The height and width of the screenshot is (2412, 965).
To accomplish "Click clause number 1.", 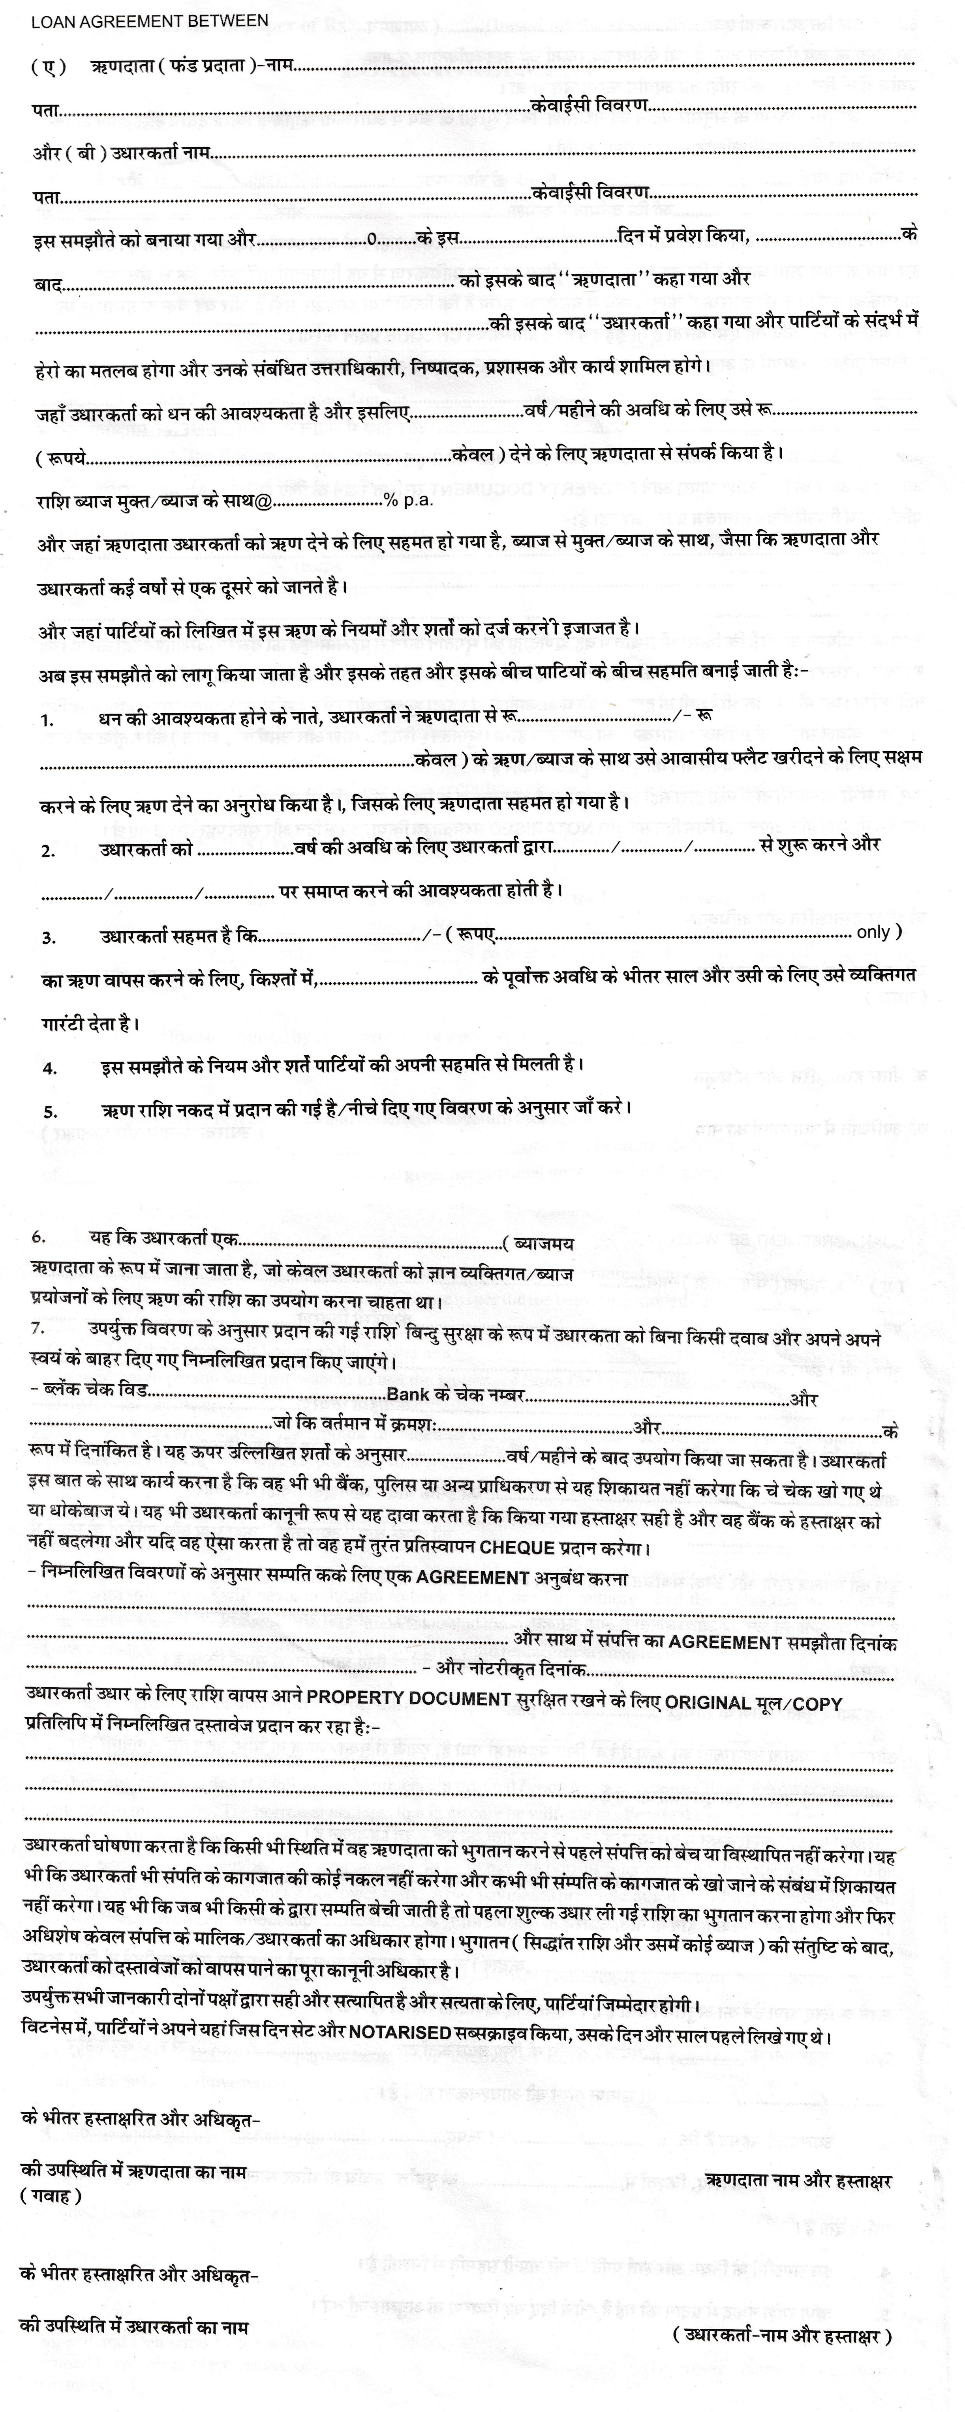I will pos(47,721).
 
